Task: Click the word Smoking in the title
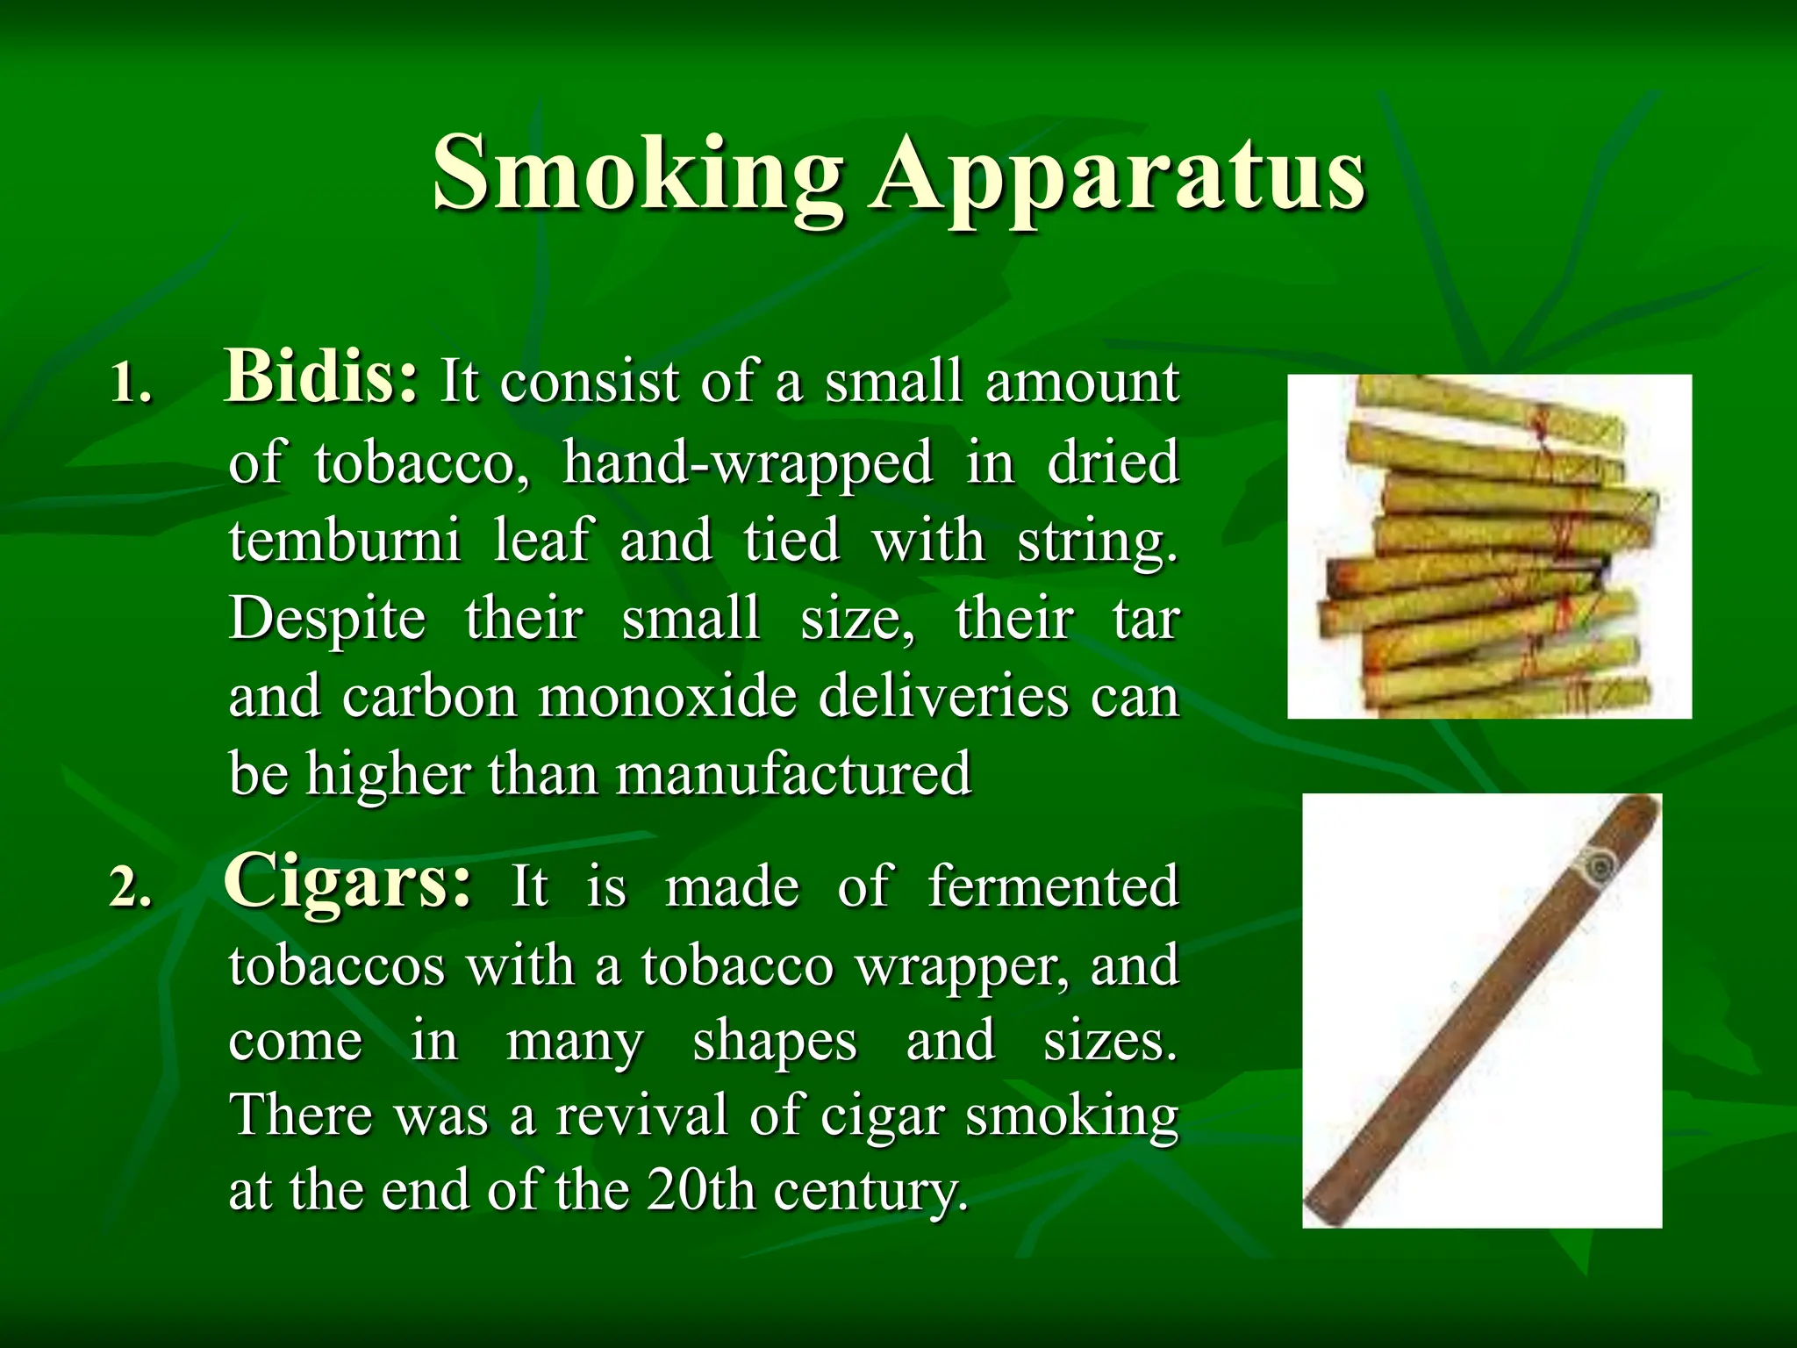click(638, 174)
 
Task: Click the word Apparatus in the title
click(1116, 174)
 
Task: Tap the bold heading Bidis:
click(322, 377)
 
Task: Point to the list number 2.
click(131, 890)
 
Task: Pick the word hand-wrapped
click(748, 462)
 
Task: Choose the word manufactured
click(794, 774)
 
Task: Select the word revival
click(641, 1115)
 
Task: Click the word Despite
click(327, 619)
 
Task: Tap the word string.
click(1097, 541)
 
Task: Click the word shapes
click(775, 1042)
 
